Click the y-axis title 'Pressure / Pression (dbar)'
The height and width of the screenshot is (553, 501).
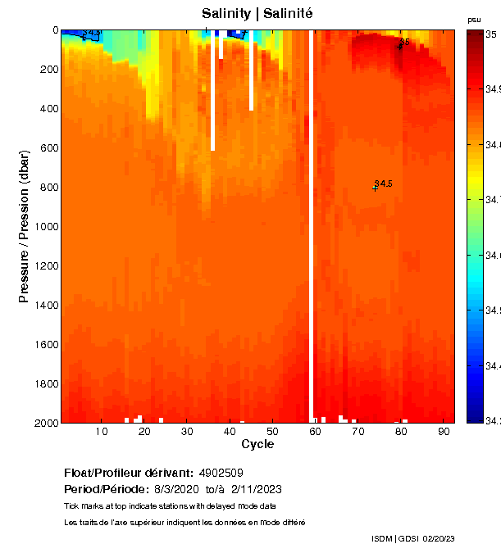tap(24, 225)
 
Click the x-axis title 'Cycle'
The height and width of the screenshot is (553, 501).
tap(257, 444)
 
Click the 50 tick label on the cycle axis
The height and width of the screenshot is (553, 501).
tap(273, 431)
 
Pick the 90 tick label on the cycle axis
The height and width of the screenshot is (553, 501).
tap(444, 431)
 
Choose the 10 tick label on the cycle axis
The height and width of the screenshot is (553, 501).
tap(102, 431)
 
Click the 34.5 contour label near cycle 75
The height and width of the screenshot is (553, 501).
tap(383, 184)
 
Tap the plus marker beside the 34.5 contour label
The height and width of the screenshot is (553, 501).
tap(376, 188)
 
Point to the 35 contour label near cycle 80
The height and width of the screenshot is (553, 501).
tap(404, 41)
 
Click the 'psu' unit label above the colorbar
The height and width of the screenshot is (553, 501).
tap(474, 20)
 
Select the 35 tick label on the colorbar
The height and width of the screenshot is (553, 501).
tap(490, 34)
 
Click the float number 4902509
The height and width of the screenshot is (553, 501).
tap(221, 473)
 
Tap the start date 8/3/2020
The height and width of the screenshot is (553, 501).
tap(177, 488)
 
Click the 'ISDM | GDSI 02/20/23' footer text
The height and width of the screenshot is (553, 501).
tap(412, 538)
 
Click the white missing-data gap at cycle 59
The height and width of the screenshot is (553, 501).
tap(311, 246)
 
